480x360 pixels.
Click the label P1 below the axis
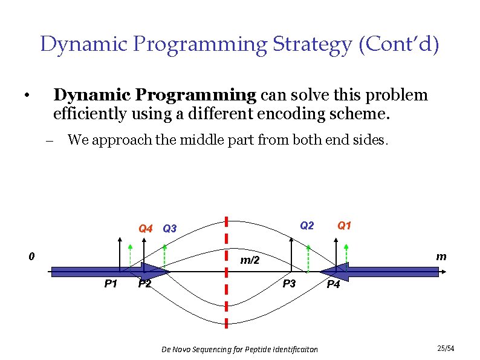[111, 284]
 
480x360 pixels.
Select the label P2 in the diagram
[144, 284]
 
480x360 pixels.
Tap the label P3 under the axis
[290, 283]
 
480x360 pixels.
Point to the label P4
[333, 284]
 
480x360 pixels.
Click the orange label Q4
[146, 229]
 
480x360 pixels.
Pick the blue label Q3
[170, 229]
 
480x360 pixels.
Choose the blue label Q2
[307, 226]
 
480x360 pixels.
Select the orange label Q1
[344, 226]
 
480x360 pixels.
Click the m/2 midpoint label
[250, 260]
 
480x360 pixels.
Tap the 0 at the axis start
[32, 256]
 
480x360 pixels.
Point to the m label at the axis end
[441, 257]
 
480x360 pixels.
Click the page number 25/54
[445, 349]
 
